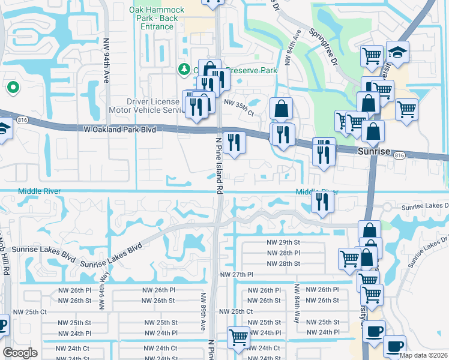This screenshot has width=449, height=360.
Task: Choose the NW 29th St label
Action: pos(283,242)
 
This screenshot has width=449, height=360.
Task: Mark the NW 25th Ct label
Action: pos(236,311)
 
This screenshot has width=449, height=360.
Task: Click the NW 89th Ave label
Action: pos(203,309)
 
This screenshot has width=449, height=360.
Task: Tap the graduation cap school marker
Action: pos(397,53)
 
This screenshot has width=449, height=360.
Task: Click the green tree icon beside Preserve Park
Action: pos(184,70)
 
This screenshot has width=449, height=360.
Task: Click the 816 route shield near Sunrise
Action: pos(399,155)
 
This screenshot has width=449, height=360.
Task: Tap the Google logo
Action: pos(20,353)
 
